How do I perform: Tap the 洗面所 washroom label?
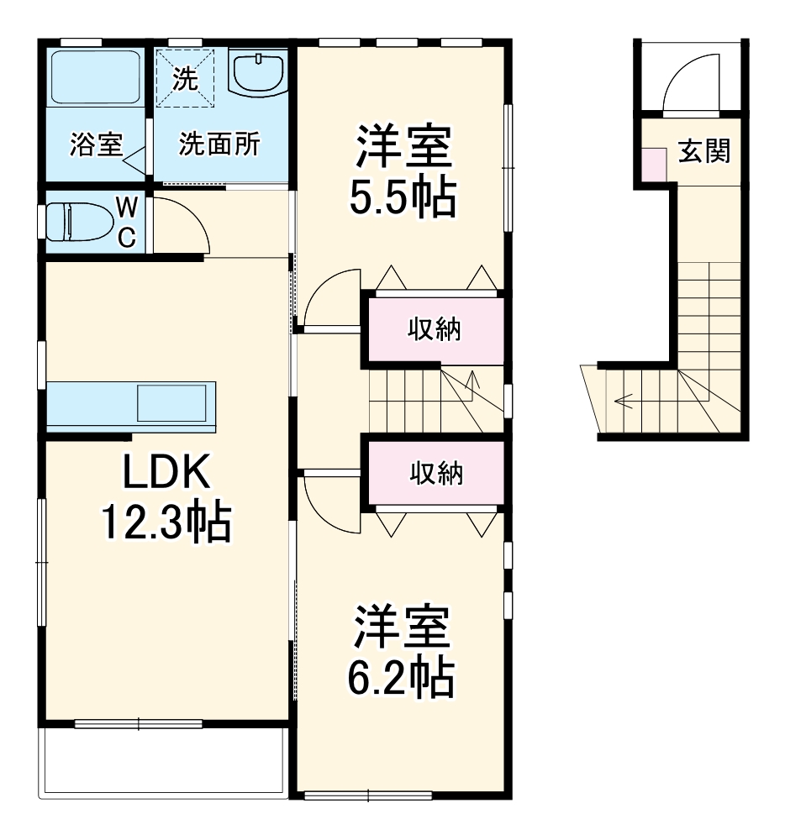click(219, 145)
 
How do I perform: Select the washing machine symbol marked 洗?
click(186, 79)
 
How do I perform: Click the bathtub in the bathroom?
click(95, 77)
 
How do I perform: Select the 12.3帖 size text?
click(166, 523)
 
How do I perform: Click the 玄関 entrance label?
click(704, 152)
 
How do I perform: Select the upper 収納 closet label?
click(435, 330)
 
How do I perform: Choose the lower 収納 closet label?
click(436, 475)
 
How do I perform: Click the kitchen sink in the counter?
click(172, 404)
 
